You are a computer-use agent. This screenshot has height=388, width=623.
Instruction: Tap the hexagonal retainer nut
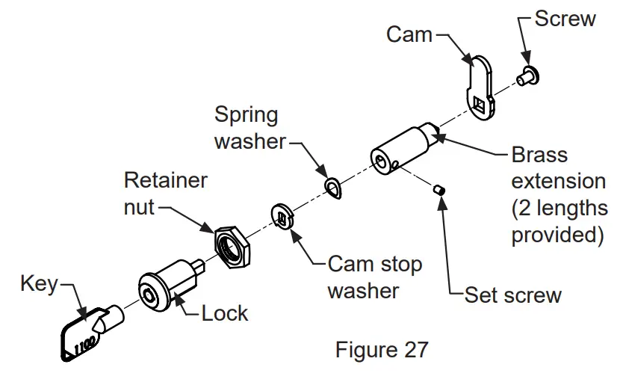[x=232, y=244]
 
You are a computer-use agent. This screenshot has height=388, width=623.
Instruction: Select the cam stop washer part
[x=281, y=218]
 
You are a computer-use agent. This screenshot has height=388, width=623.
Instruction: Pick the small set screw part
[x=440, y=191]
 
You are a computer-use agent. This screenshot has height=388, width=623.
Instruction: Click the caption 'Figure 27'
[x=382, y=349]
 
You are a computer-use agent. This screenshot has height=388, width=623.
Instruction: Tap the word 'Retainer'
[x=166, y=180]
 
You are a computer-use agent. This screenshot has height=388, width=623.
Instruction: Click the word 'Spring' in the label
[x=246, y=115]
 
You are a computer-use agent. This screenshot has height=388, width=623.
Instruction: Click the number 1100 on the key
[x=83, y=342]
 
